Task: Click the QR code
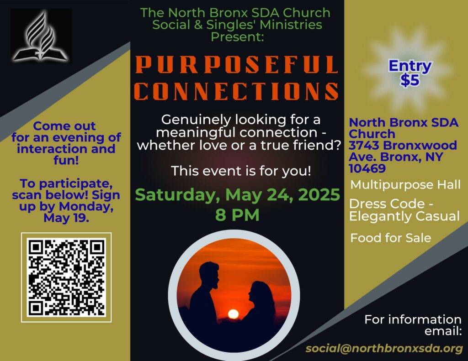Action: click(x=66, y=277)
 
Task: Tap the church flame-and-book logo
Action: click(x=41, y=36)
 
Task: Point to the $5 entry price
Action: click(x=410, y=80)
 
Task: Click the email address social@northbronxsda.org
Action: click(x=384, y=348)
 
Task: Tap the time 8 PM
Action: click(x=237, y=215)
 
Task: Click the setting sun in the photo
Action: click(x=233, y=314)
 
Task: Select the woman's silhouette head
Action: click(x=257, y=291)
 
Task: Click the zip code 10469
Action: click(x=367, y=168)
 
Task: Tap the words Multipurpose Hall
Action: click(x=405, y=185)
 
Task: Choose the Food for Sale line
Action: click(x=391, y=238)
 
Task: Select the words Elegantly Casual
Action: click(x=404, y=216)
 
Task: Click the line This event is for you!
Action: click(x=241, y=171)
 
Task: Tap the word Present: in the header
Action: click(x=237, y=37)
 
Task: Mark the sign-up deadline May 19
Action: click(x=66, y=218)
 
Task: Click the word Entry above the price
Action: click(x=410, y=66)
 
